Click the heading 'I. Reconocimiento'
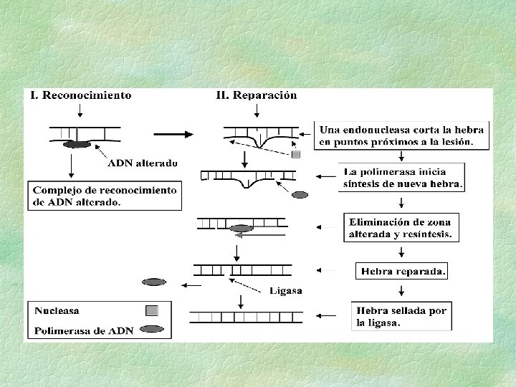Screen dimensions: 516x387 [x=80, y=95]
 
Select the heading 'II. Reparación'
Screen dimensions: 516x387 [x=257, y=95]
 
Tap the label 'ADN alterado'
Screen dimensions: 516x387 [x=143, y=163]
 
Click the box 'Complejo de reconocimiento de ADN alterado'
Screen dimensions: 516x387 [x=105, y=196]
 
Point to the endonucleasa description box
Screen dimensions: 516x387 [x=402, y=135]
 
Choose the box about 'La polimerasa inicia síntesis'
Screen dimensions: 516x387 [x=402, y=178]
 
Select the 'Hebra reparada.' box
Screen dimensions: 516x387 [x=401, y=271]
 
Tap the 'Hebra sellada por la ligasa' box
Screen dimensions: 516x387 [x=401, y=316]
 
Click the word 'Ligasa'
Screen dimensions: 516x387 [x=285, y=290]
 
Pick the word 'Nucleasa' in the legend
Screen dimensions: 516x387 [x=57, y=311]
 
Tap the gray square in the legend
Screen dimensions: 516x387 [x=152, y=311]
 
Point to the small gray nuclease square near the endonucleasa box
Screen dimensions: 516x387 [x=296, y=155]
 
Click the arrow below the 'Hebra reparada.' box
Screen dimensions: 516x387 [x=401, y=290]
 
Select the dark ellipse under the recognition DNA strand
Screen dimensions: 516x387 [x=77, y=145]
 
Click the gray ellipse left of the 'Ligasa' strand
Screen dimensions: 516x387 [x=154, y=282]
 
